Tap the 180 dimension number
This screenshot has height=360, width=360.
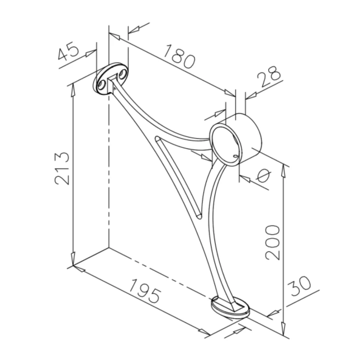pyautogui.click(x=180, y=57)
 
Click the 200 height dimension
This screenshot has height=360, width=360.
pyautogui.click(x=273, y=242)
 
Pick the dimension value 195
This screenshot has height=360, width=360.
pyautogui.click(x=144, y=291)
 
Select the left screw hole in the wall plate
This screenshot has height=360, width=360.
pyautogui.click(x=102, y=85)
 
